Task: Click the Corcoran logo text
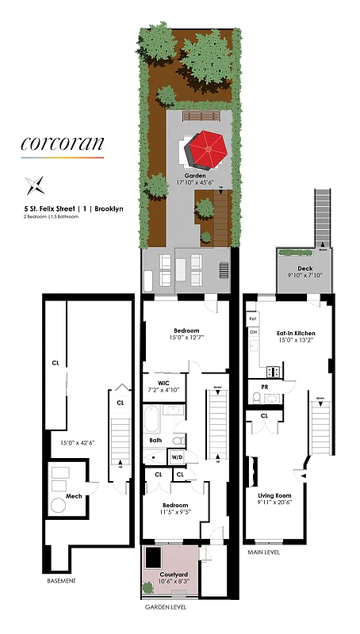[62, 145]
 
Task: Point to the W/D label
[177, 456]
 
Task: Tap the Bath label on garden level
[156, 441]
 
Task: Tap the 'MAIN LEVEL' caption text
[265, 552]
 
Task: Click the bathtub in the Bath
[151, 418]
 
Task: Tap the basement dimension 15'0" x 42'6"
[69, 443]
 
